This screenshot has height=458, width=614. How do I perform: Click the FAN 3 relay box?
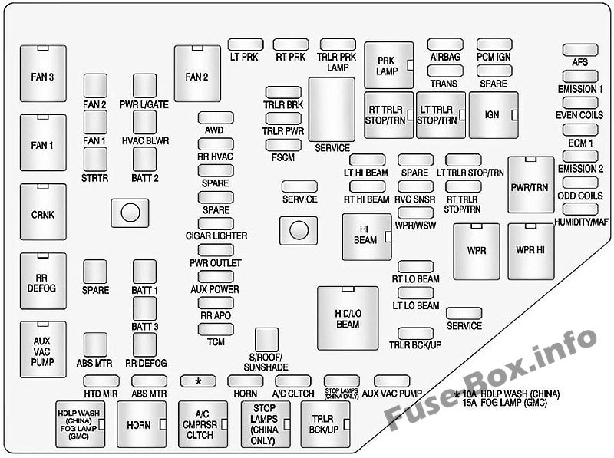pyautogui.click(x=43, y=73)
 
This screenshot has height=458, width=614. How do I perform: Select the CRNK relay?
pyautogui.click(x=43, y=212)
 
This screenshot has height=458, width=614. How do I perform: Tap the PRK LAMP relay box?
pyautogui.click(x=389, y=65)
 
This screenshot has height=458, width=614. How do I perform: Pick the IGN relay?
pyautogui.click(x=494, y=115)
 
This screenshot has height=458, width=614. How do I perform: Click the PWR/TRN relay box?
pyautogui.click(x=531, y=185)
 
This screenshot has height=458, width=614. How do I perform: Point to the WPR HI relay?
pyautogui.click(x=531, y=252)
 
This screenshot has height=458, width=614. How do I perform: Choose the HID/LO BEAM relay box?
pyautogui.click(x=348, y=318)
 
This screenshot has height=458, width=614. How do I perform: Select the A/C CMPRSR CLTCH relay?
pyautogui.click(x=203, y=424)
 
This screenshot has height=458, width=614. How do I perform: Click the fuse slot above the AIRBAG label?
pyautogui.click(x=445, y=44)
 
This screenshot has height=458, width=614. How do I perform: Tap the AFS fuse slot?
pyautogui.click(x=580, y=50)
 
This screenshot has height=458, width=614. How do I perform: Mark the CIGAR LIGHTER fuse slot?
pyautogui.click(x=216, y=223)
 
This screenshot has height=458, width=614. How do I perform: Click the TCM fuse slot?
pyautogui.click(x=216, y=329)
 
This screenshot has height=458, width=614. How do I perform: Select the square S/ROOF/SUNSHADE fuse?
pyautogui.click(x=266, y=339)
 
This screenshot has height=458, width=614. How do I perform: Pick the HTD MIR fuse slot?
pyautogui.click(x=101, y=381)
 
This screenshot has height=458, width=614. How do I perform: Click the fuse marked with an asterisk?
pyautogui.click(x=198, y=381)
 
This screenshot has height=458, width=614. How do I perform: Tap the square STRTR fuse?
pyautogui.click(x=95, y=160)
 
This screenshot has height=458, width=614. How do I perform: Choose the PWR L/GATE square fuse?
pyautogui.click(x=144, y=85)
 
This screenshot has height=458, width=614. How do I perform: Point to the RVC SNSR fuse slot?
pyautogui.click(x=415, y=186)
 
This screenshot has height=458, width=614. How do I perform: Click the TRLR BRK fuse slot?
pyautogui.click(x=283, y=92)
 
